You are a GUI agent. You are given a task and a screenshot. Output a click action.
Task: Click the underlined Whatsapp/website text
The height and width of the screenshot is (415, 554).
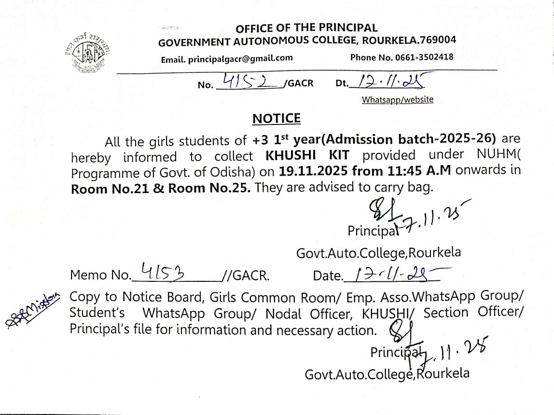[398, 100]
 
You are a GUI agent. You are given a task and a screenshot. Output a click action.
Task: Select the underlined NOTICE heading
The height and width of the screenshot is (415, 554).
[277, 119]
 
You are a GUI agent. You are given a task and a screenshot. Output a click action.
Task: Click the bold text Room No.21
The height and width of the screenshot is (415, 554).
[110, 189]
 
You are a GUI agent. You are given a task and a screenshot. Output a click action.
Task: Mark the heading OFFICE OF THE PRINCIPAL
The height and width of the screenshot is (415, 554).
[306, 28]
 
